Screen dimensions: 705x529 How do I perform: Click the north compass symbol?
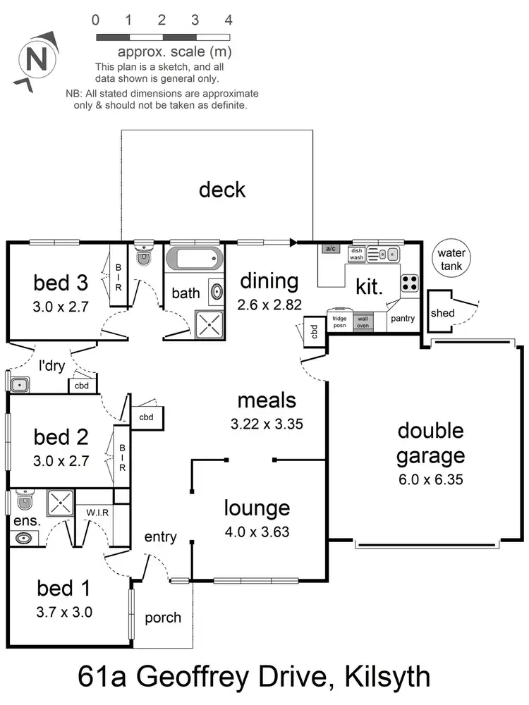[35, 57]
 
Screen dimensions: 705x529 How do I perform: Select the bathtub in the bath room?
[195, 259]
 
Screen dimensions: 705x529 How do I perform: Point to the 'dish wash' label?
[356, 254]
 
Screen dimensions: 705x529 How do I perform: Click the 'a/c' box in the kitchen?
[330, 248]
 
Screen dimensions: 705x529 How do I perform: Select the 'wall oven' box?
[363, 321]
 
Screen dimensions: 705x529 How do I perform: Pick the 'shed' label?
[442, 312]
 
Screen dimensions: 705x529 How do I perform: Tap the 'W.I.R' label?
[97, 512]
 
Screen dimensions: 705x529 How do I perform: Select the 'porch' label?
[163, 618]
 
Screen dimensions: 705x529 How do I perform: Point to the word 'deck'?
[222, 190]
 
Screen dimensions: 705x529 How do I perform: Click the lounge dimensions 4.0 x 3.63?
[257, 532]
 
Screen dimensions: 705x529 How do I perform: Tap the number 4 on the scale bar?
[228, 20]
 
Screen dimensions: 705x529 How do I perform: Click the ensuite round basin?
[24, 539]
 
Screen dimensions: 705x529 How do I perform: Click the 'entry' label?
[160, 537]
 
